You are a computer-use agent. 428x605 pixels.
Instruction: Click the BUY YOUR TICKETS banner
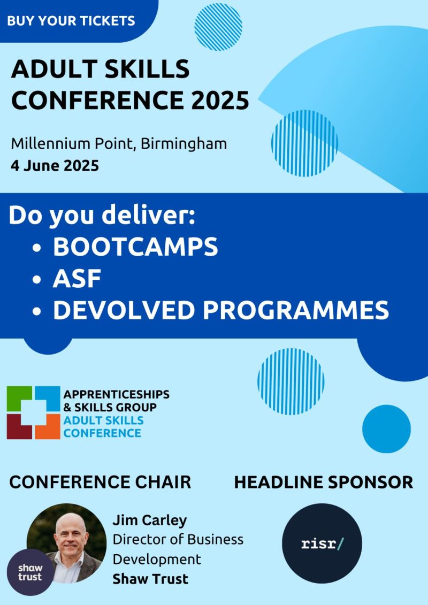[71, 21]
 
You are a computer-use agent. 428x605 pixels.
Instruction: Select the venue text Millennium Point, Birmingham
[119, 144]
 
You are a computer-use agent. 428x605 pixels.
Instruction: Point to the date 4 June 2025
[55, 165]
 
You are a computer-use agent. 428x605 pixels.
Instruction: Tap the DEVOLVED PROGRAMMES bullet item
[220, 310]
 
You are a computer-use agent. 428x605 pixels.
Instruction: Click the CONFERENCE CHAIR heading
[100, 482]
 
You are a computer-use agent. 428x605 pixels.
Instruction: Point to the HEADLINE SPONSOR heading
[324, 482]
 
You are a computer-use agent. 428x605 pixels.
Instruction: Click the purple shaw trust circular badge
[30, 572]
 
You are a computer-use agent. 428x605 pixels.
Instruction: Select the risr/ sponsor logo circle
[322, 543]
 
